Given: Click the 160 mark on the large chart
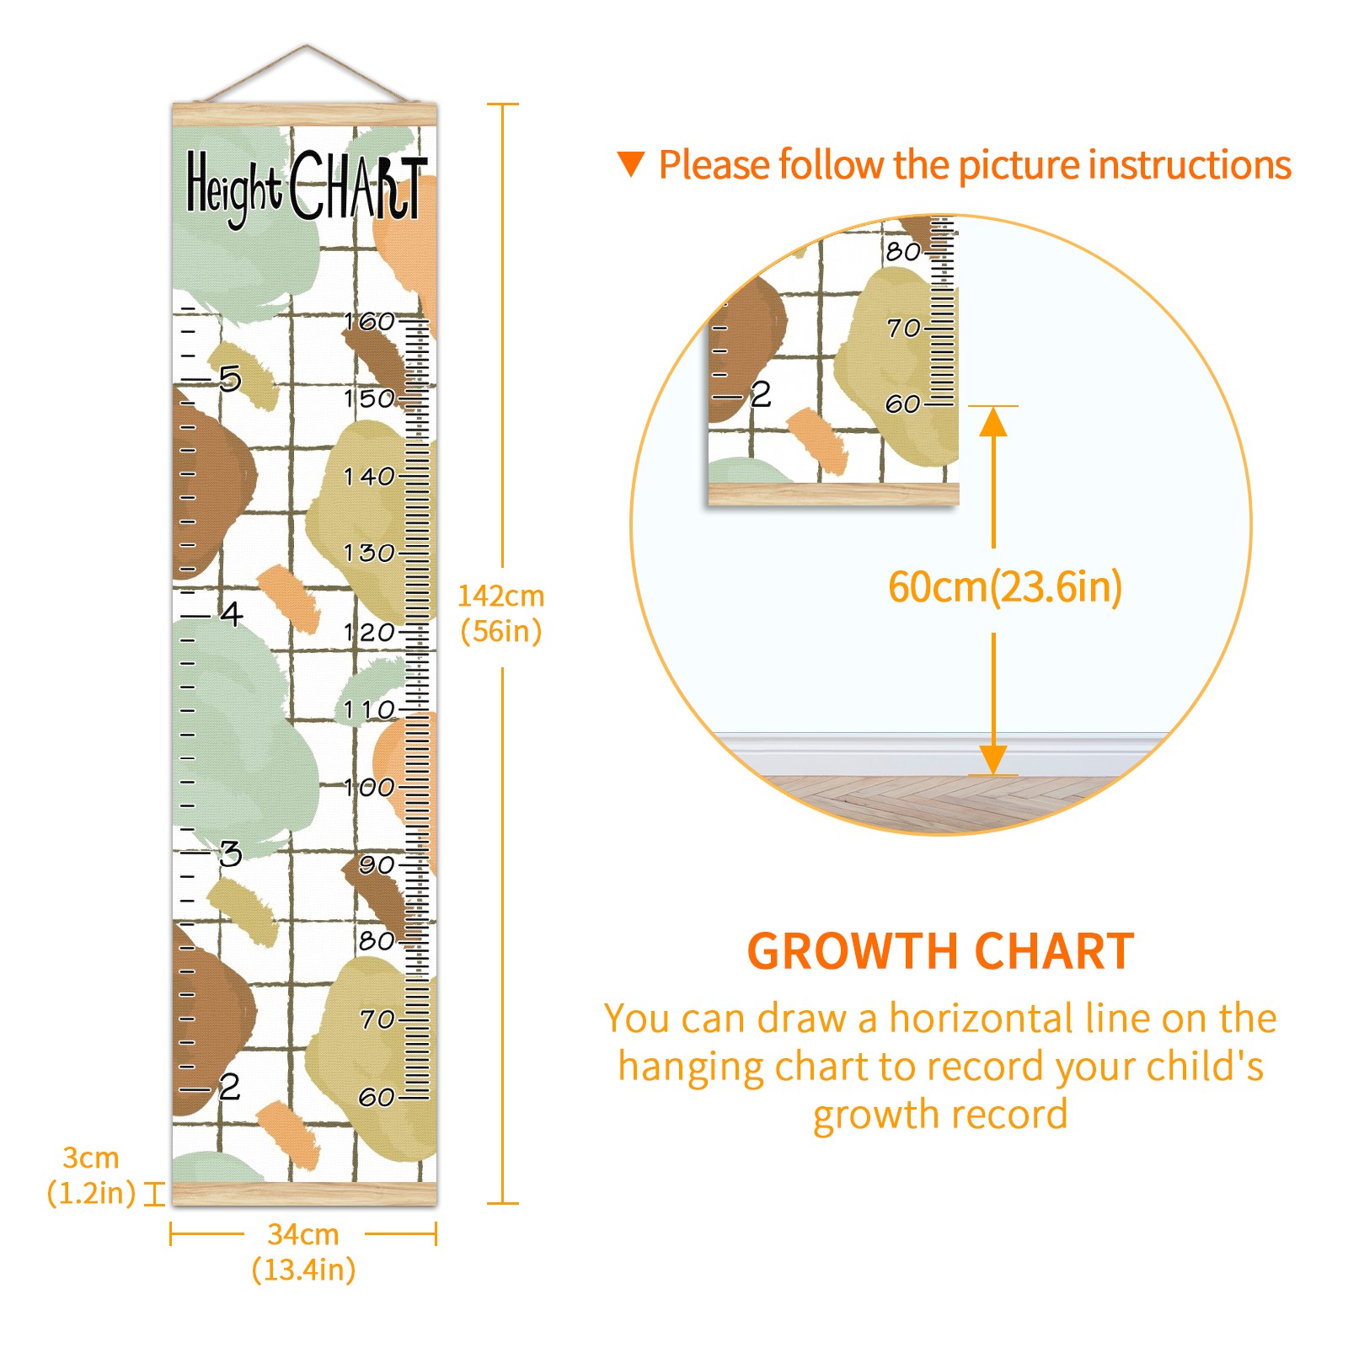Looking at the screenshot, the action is (369, 321).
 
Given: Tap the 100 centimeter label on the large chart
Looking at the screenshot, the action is (369, 788).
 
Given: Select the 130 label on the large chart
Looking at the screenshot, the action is (369, 554).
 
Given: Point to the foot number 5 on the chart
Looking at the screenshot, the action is (230, 379).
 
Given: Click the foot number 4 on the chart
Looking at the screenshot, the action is (232, 613).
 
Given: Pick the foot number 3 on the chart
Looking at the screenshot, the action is (231, 853).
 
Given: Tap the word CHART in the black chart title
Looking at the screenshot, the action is (359, 185).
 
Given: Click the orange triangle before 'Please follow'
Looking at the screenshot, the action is (631, 164).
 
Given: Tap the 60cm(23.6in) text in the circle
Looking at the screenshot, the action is (1005, 587).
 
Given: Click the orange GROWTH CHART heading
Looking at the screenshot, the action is (941, 952).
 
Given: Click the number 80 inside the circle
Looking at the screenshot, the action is (903, 251).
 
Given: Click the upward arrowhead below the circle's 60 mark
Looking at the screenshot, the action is (993, 421).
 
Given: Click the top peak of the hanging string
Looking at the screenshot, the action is (307, 45).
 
